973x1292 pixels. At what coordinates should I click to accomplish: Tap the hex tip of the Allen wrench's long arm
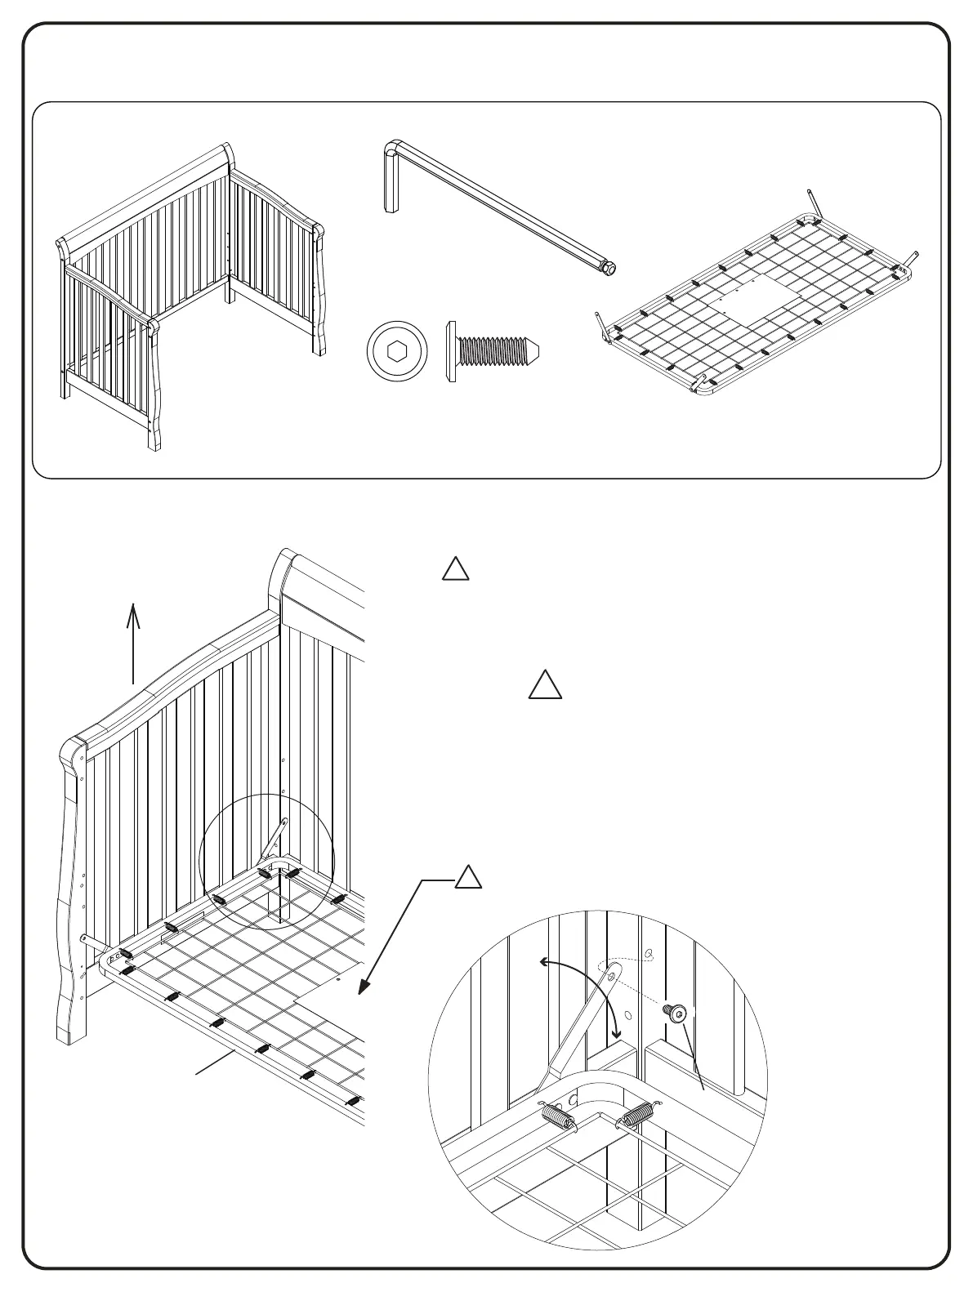click(609, 268)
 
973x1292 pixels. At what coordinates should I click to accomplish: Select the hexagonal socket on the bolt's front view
click(398, 352)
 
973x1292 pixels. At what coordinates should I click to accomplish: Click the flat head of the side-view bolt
click(451, 352)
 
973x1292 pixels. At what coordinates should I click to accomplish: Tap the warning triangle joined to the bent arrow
click(467, 878)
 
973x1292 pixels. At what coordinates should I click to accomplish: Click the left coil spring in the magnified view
click(557, 1114)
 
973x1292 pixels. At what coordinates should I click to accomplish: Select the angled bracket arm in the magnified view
click(584, 1029)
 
